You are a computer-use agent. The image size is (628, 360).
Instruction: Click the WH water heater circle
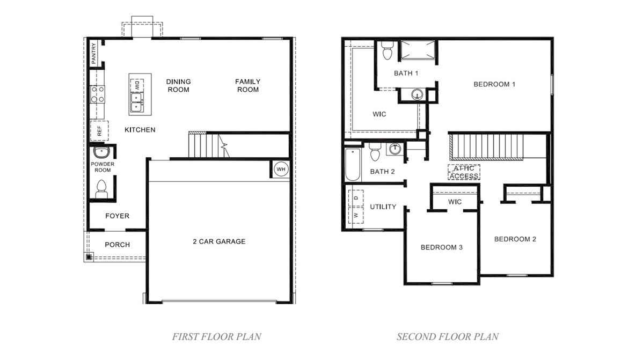click(281, 170)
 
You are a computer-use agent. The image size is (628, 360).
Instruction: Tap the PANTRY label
click(93, 54)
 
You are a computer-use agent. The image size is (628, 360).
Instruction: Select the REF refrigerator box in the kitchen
click(99, 130)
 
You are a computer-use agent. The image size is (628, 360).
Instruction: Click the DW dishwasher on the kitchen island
click(137, 84)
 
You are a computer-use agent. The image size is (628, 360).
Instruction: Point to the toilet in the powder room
click(101, 188)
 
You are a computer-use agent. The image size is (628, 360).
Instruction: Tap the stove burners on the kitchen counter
click(97, 94)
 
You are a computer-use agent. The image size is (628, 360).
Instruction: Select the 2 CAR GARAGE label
click(219, 241)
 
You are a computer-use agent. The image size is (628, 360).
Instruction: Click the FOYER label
click(117, 216)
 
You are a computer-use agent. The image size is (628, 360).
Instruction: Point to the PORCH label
click(117, 244)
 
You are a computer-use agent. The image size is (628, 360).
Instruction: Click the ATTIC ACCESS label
click(464, 172)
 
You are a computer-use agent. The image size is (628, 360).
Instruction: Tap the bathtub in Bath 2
click(353, 164)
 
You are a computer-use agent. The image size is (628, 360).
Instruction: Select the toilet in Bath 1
click(386, 52)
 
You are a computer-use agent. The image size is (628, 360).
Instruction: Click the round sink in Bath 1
click(417, 95)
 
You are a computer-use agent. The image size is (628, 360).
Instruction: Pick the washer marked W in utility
click(355, 215)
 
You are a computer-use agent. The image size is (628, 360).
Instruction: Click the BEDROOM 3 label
click(441, 247)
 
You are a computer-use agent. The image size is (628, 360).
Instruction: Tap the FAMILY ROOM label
click(247, 85)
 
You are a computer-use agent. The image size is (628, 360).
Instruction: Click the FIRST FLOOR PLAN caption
click(216, 337)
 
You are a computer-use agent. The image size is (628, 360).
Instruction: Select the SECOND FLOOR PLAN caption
click(447, 337)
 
